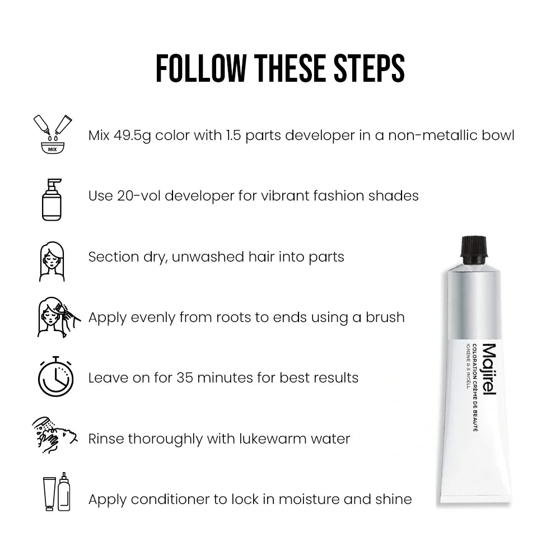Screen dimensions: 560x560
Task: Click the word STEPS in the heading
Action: click(369, 68)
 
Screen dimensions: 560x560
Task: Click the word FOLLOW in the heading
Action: click(201, 68)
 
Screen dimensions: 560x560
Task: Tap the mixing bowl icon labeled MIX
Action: click(53, 134)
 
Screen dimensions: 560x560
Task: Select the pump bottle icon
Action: click(52, 200)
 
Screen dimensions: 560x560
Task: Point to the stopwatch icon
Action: click(55, 376)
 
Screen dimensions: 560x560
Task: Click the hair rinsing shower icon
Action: click(55, 435)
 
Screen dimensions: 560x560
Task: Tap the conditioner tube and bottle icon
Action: click(57, 492)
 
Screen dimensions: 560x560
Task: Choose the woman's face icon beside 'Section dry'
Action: click(52, 261)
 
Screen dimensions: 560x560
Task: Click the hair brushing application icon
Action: click(59, 317)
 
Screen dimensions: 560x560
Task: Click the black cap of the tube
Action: click(474, 247)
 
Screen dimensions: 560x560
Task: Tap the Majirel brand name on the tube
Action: click(489, 369)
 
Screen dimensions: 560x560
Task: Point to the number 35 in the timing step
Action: click(185, 378)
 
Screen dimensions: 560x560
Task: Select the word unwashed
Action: click(208, 257)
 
